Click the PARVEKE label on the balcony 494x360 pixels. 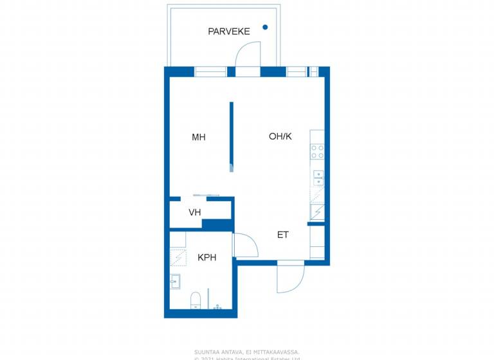click(228, 31)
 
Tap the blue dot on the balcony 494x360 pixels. click(265, 27)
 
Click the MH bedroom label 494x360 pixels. click(199, 137)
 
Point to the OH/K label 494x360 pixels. click(280, 136)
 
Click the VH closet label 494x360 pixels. click(195, 212)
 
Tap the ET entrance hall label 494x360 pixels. click(283, 235)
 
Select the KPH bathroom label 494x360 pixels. click(206, 257)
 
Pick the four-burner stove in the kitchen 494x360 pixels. click(317, 152)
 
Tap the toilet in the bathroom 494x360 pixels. click(197, 300)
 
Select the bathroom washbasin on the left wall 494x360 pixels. click(175, 281)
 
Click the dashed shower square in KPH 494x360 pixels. click(178, 257)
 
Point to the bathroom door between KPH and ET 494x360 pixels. click(245, 245)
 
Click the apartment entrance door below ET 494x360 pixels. click(289, 277)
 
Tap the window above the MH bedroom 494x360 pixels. click(210, 71)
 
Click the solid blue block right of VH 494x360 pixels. click(217, 224)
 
